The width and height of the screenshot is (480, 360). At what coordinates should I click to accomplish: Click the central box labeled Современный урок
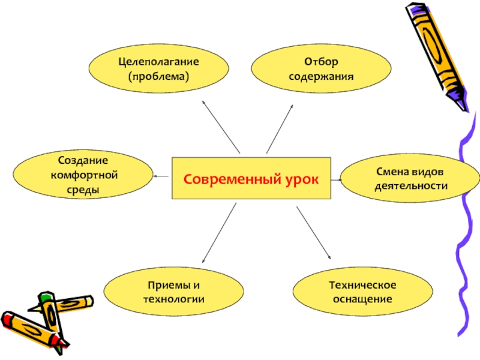click(x=252, y=178)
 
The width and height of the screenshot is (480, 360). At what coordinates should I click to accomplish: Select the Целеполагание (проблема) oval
click(x=158, y=70)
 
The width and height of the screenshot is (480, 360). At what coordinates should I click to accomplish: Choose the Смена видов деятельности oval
click(x=411, y=179)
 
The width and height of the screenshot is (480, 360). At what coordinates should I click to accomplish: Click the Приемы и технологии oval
click(x=174, y=292)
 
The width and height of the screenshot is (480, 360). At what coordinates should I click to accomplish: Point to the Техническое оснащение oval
click(x=364, y=291)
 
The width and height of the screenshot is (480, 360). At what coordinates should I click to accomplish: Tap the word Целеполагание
click(x=158, y=62)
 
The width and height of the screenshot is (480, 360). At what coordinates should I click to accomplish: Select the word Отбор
click(x=322, y=62)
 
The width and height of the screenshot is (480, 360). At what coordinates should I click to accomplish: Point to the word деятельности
click(x=411, y=186)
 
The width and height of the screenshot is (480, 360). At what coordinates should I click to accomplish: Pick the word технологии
click(x=174, y=299)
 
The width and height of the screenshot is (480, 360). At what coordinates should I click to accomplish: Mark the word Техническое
click(x=364, y=284)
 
